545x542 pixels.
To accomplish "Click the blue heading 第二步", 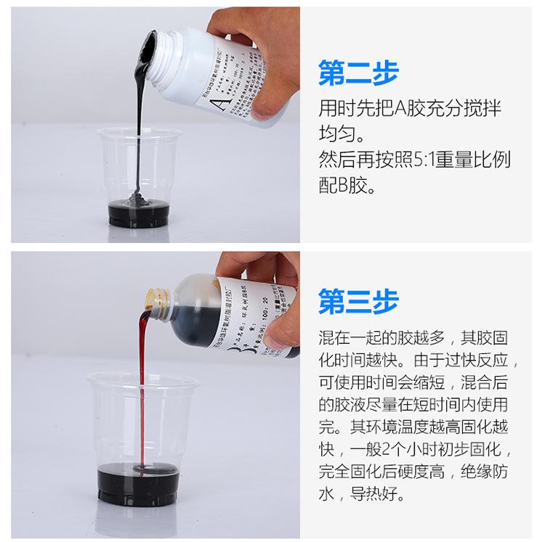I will pyautogui.click(x=358, y=73).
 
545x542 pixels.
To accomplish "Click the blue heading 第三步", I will pyautogui.click(x=358, y=303).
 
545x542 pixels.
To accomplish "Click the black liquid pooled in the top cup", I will pyautogui.click(x=139, y=213).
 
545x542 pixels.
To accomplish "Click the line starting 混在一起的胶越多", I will pyautogui.click(x=417, y=339).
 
